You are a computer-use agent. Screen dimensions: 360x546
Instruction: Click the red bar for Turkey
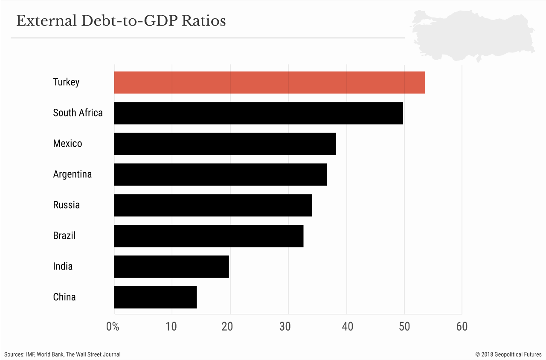click(269, 82)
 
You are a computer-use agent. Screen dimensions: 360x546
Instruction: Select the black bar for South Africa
click(258, 113)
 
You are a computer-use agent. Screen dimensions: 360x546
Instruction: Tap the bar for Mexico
click(225, 144)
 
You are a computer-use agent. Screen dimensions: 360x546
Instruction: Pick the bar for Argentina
click(220, 174)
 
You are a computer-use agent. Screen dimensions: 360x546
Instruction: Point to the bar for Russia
click(213, 205)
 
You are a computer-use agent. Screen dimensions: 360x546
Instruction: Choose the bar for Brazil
click(209, 236)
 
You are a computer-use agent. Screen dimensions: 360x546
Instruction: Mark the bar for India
click(171, 267)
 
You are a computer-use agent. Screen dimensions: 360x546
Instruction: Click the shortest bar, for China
click(155, 297)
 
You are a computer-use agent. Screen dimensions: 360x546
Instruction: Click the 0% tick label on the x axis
click(113, 327)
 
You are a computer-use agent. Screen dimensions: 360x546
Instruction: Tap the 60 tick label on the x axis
click(462, 327)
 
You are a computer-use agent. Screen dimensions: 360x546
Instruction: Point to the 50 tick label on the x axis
click(404, 327)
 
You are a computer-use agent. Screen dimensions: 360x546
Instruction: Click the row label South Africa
click(78, 113)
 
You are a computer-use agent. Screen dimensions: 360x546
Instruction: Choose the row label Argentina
click(72, 174)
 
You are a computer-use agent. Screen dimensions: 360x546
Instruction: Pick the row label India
click(63, 267)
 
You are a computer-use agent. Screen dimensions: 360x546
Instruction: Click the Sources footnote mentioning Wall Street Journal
click(62, 354)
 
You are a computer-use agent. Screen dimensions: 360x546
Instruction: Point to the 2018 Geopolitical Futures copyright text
click(508, 354)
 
